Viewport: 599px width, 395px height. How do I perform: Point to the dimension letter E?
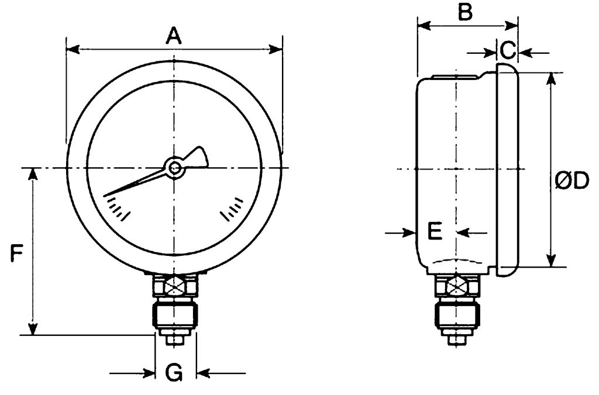click(x=435, y=231)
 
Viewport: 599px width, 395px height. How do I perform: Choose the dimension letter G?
click(x=174, y=372)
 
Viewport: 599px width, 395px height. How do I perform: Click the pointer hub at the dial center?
click(x=174, y=168)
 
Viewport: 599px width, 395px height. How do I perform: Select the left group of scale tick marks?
click(x=117, y=209)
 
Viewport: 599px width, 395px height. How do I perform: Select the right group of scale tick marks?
click(x=232, y=209)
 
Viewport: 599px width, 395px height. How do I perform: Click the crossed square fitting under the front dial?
click(x=174, y=287)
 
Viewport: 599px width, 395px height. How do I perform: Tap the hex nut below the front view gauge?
click(x=174, y=314)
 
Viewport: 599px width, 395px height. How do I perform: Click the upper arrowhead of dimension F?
click(x=33, y=174)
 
